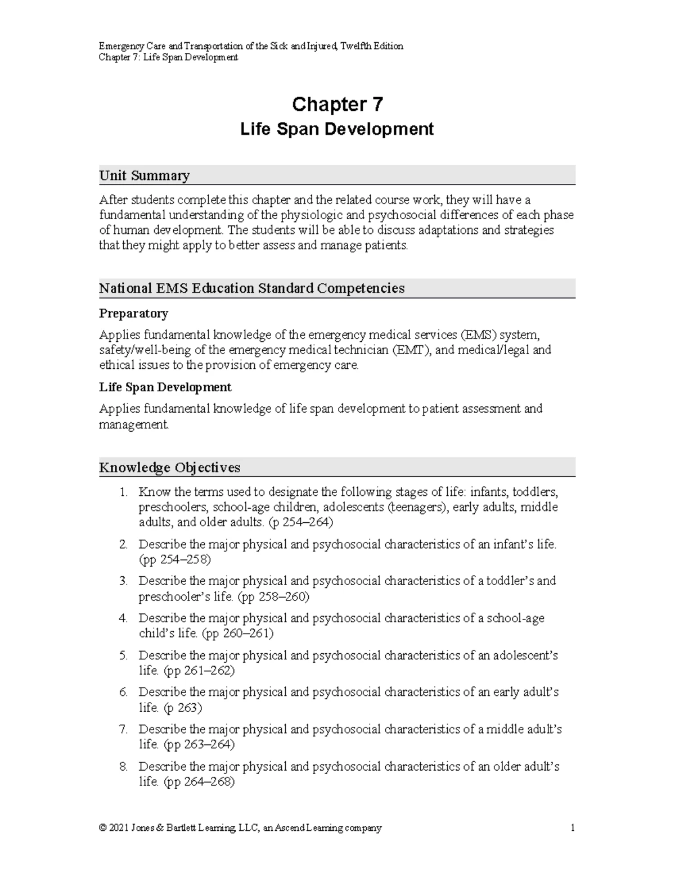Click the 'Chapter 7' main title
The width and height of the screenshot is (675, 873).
pos(337,105)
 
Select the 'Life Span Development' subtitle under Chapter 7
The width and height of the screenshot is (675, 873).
pos(337,129)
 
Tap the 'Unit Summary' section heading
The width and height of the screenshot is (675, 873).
pos(144,175)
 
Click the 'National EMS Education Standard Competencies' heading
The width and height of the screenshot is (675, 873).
pos(251,288)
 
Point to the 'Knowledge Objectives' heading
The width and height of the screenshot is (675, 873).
pos(169,467)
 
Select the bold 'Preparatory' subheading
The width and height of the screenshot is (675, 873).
pos(133,313)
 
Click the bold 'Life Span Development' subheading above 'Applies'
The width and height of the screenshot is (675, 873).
pos(165,387)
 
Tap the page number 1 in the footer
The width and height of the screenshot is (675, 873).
pos(572,827)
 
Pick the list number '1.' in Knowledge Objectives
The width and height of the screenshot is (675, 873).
pos(124,492)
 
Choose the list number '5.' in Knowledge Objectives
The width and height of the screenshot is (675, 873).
pos(124,655)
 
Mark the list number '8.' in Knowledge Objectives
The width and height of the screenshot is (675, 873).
pos(124,767)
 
